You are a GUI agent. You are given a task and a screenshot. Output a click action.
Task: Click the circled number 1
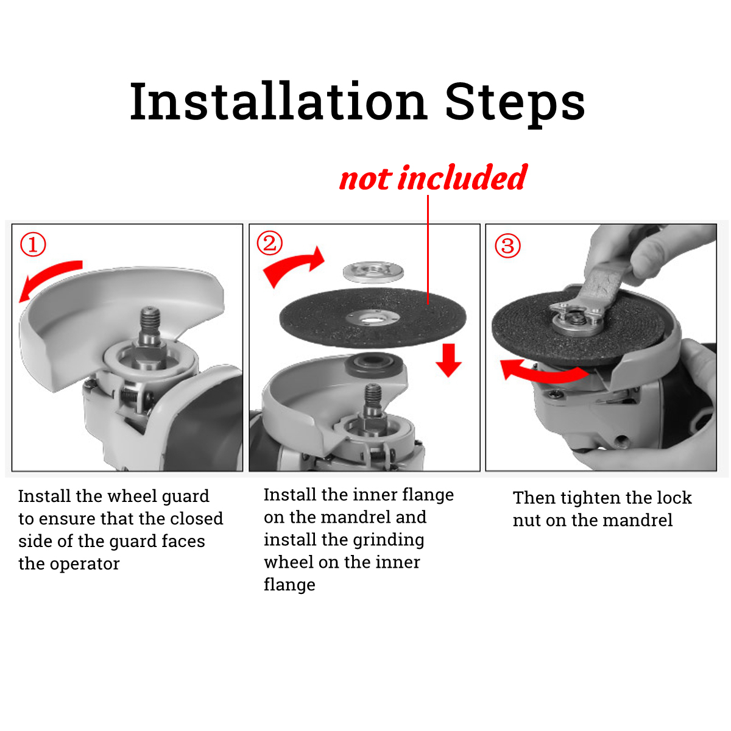33,244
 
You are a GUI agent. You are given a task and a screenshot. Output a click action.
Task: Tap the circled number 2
269,243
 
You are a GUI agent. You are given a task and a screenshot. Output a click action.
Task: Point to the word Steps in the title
515,104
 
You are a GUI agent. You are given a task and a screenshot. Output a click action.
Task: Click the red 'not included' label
433,177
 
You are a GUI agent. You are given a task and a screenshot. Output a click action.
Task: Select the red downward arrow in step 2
448,360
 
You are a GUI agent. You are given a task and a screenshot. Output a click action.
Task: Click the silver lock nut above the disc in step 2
373,272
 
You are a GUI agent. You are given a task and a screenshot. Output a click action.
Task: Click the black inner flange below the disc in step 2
373,365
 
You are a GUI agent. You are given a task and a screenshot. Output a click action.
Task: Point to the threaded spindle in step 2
373,398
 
